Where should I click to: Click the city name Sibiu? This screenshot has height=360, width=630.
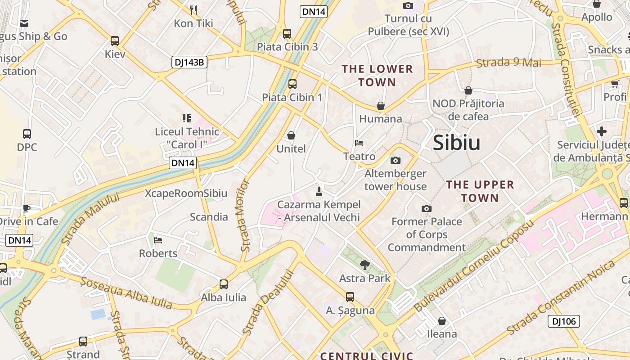click(x=456, y=143)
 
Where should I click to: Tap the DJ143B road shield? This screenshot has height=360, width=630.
click(x=189, y=63)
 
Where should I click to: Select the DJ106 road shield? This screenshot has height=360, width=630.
click(x=563, y=321)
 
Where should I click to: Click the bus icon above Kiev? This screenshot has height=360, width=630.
click(x=115, y=41)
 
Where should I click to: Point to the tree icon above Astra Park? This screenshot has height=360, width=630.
click(x=365, y=265)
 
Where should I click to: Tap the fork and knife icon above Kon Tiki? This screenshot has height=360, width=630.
click(x=193, y=10)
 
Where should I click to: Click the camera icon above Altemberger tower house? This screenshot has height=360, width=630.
click(x=396, y=160)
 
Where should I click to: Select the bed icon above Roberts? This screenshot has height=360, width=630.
click(x=158, y=240)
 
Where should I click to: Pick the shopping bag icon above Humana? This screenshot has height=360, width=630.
click(x=381, y=106)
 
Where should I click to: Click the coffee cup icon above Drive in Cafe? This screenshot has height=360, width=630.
click(x=27, y=208)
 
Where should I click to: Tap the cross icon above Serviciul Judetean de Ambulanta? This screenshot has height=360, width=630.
click(x=601, y=131)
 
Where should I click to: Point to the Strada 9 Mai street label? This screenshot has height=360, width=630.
click(x=508, y=63)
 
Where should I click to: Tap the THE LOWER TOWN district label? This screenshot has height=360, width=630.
click(x=377, y=76)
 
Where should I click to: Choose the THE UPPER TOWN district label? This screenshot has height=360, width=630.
click(x=480, y=191)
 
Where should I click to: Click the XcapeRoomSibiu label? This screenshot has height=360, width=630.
click(x=186, y=193)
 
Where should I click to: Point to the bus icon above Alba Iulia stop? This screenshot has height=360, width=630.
click(x=224, y=284)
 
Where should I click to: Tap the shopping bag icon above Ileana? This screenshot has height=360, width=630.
click(x=442, y=321)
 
